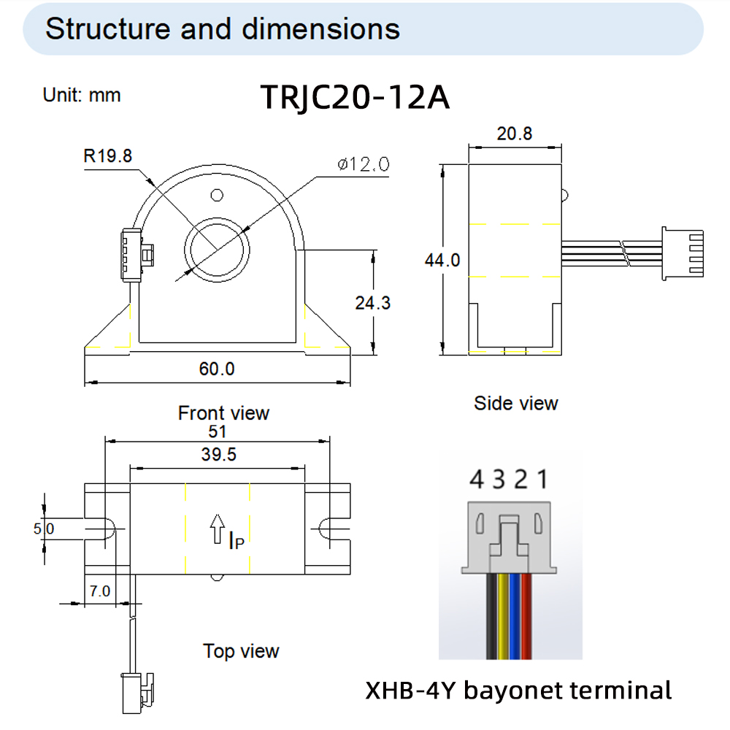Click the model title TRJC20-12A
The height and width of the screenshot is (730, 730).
[x=355, y=97]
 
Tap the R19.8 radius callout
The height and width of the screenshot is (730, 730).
[x=107, y=155]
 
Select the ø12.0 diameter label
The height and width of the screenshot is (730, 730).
[x=363, y=164]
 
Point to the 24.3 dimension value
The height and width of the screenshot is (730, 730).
[x=372, y=302]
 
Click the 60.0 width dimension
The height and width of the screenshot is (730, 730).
[x=217, y=369]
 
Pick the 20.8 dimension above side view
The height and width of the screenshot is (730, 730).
[x=515, y=134]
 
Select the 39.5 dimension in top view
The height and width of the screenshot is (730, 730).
[x=218, y=455]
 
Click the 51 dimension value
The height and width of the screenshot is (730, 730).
[x=218, y=431]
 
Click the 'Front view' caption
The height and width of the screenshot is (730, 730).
[x=223, y=413]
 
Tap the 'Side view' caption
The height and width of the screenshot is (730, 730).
[x=515, y=403]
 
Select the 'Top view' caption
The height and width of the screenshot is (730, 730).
[x=241, y=650]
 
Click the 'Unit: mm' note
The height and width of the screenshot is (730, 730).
[x=82, y=95]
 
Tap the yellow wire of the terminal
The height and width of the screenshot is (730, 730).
[x=502, y=613]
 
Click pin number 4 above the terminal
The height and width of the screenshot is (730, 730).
[x=477, y=480]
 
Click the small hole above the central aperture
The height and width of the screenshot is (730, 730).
[x=216, y=196]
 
